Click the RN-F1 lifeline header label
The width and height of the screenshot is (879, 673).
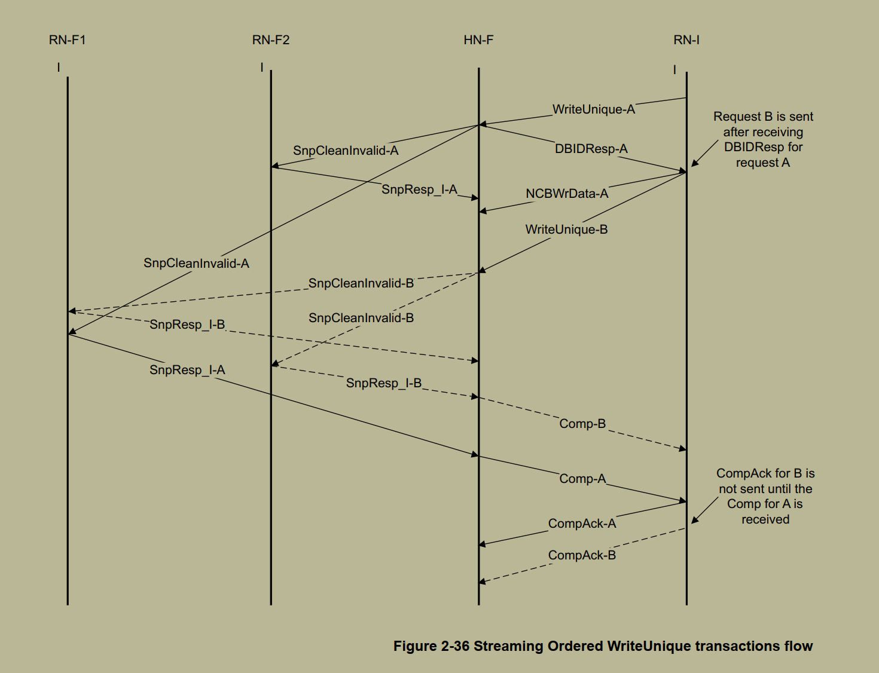click(67, 40)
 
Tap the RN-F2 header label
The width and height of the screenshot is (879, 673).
click(270, 40)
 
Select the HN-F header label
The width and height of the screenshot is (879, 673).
click(478, 40)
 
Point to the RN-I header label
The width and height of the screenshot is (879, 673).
click(686, 40)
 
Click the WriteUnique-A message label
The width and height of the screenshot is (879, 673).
click(593, 109)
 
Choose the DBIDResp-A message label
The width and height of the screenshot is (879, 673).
click(591, 149)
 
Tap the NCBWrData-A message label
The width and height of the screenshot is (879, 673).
click(567, 194)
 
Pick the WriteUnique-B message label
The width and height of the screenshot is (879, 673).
click(566, 230)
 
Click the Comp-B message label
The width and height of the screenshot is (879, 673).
click(582, 424)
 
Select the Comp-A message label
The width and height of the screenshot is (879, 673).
click(582, 479)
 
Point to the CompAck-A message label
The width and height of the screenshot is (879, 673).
click(582, 524)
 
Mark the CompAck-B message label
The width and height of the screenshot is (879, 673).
click(582, 555)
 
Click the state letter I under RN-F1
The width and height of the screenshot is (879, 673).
click(59, 68)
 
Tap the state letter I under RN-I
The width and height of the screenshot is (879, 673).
click(674, 70)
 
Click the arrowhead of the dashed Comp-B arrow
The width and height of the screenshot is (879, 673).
click(683, 448)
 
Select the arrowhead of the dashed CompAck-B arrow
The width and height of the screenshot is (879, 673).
click(482, 581)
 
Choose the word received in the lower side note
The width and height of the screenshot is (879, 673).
click(765, 519)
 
